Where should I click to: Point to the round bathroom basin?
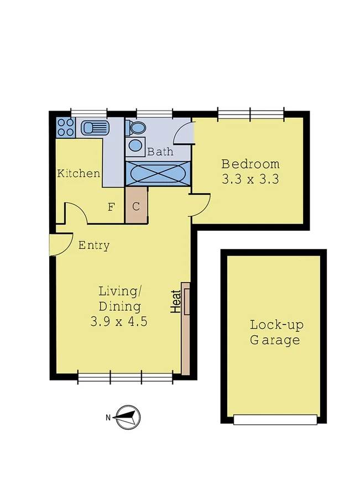[135, 146]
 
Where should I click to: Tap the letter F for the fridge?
[111, 207]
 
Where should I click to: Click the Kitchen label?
[79, 174]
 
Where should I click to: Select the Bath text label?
[160, 152]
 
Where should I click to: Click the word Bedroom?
[250, 164]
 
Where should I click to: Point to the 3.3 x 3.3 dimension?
[250, 179]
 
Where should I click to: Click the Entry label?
[93, 246]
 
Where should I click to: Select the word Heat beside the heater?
[176, 302]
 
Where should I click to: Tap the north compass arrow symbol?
[127, 417]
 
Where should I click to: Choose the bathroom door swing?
[184, 134]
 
